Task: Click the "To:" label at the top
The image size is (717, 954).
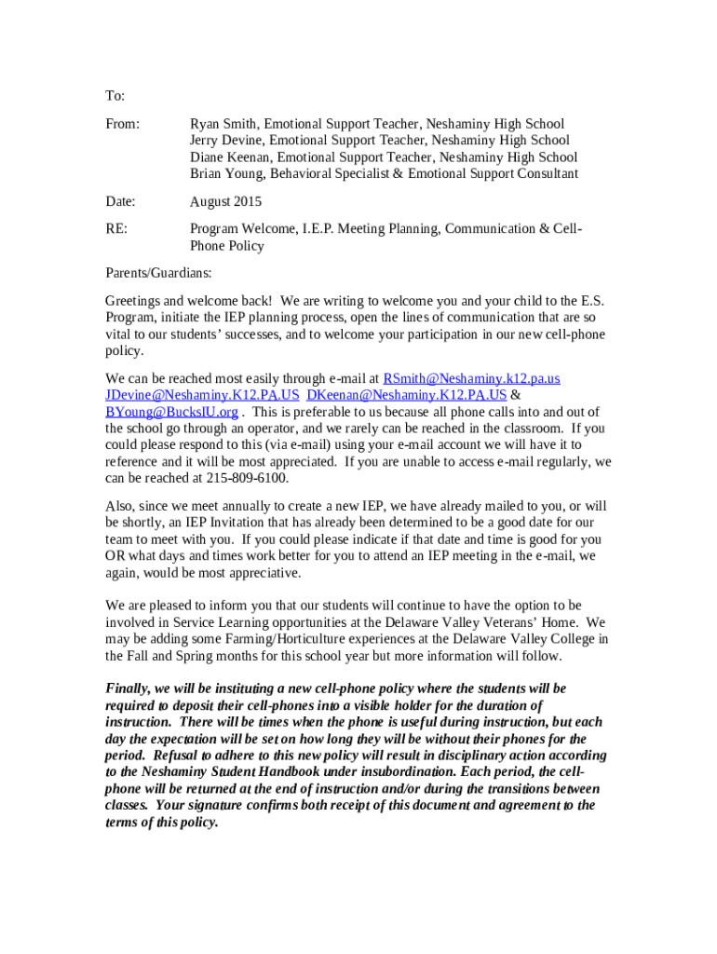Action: pos(115,96)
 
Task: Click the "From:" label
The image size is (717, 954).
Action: pos(122,124)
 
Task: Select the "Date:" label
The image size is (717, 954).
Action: pos(120,201)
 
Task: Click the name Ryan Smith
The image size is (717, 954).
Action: pos(224,124)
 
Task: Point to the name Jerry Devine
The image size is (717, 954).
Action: pos(226,141)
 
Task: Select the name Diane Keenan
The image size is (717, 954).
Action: pos(230,157)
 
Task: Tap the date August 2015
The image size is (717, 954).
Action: pos(225,201)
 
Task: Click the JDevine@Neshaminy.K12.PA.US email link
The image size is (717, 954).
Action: pos(202,396)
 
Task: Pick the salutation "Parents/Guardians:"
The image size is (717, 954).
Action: pos(158,274)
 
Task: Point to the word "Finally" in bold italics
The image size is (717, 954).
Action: pos(128,688)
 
